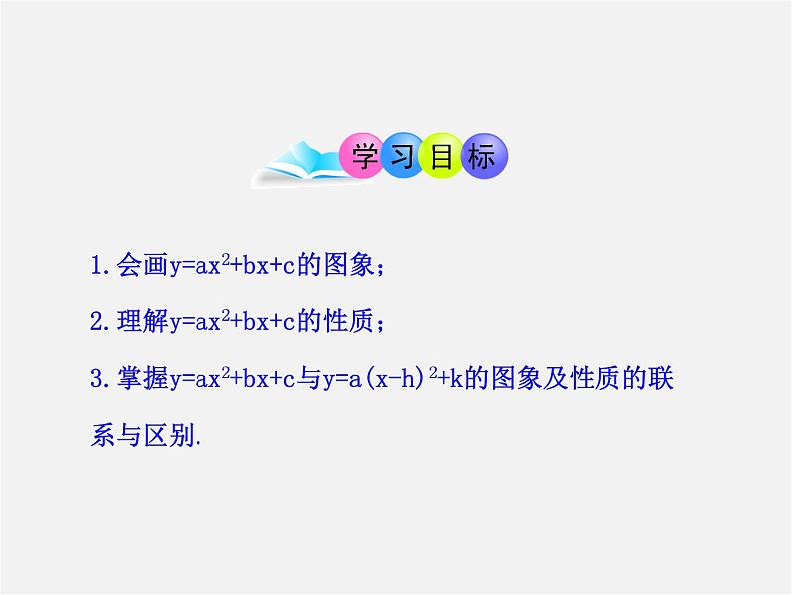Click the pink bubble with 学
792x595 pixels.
click(x=359, y=158)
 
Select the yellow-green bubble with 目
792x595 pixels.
click(x=441, y=158)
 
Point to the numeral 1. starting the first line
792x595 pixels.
click(x=98, y=267)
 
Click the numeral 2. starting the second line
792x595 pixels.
click(x=98, y=322)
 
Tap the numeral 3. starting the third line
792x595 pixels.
click(x=98, y=380)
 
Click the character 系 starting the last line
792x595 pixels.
click(x=102, y=437)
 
